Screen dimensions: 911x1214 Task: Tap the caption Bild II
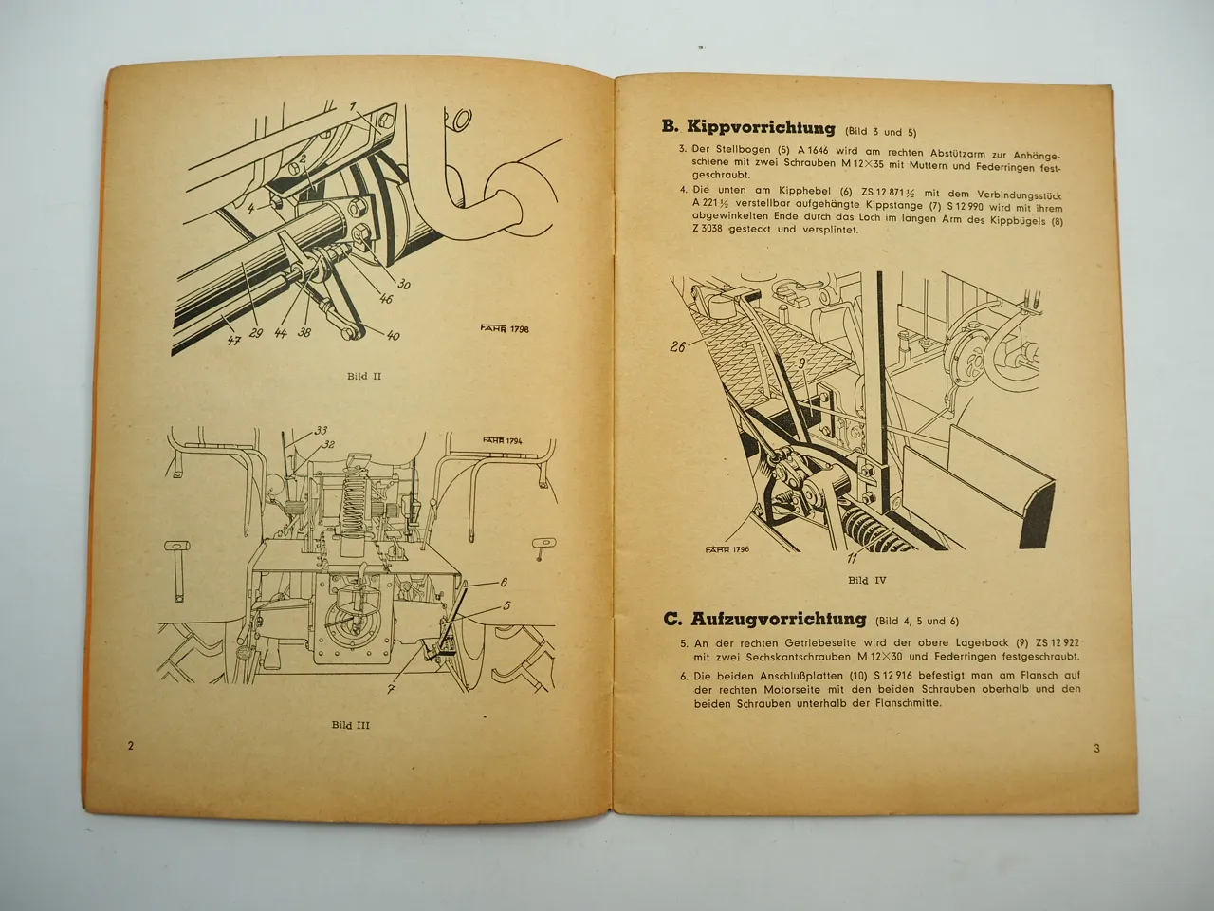[x=363, y=376]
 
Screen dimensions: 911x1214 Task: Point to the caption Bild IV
[x=867, y=579]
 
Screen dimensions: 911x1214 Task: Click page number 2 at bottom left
[x=130, y=745]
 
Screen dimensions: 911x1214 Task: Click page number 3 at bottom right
[x=1096, y=749]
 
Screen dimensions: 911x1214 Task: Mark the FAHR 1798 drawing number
[x=499, y=330]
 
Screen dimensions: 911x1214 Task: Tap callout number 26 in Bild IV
[x=677, y=347]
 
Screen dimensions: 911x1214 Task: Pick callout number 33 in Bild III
[x=321, y=429]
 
